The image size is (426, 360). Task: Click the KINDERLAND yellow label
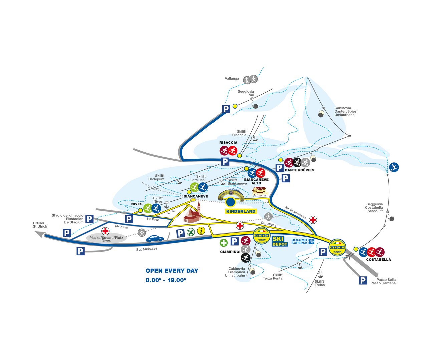pyautogui.click(x=241, y=211)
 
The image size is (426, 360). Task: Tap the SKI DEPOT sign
pyautogui.click(x=280, y=241)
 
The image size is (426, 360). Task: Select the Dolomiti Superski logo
pyautogui.click(x=303, y=241)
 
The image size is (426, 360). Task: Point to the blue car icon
pyautogui.click(x=155, y=239)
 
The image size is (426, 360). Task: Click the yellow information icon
pyautogui.click(x=201, y=230)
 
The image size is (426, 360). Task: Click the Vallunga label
pyautogui.click(x=232, y=79)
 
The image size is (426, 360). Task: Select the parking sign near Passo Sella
pyautogui.click(x=363, y=281)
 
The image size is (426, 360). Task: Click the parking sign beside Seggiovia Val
pyautogui.click(x=226, y=109)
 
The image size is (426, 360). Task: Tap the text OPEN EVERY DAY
pyautogui.click(x=172, y=271)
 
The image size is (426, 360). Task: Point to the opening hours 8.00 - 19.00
pyautogui.click(x=166, y=280)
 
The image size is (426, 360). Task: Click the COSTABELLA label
pyautogui.click(x=378, y=260)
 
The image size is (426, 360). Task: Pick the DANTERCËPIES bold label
pyautogui.click(x=299, y=170)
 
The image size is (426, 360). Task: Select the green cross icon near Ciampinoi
pyautogui.click(x=223, y=243)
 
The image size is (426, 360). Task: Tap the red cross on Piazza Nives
pyautogui.click(x=105, y=231)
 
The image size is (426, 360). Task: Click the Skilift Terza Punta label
pyautogui.click(x=273, y=277)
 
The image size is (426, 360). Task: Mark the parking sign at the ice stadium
pyautogui.click(x=89, y=219)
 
